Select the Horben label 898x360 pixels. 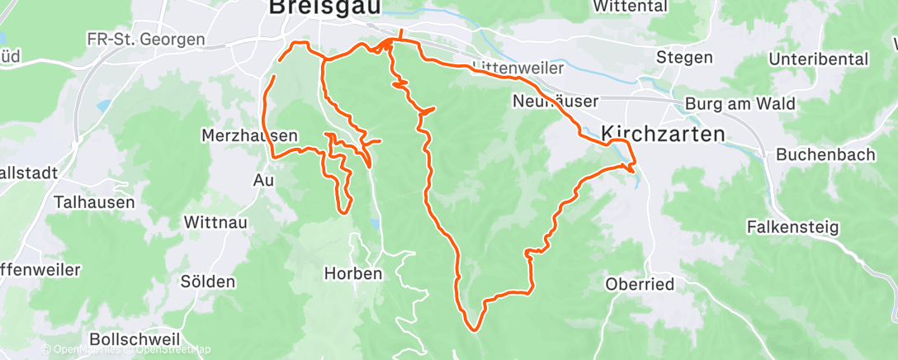(353, 273)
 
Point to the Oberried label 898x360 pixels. (640, 284)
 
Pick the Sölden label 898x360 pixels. (207, 282)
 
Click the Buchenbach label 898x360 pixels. (822, 155)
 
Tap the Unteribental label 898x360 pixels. (818, 59)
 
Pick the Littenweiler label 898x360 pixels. (519, 68)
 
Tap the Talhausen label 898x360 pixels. (88, 201)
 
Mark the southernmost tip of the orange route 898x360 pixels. (475, 329)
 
